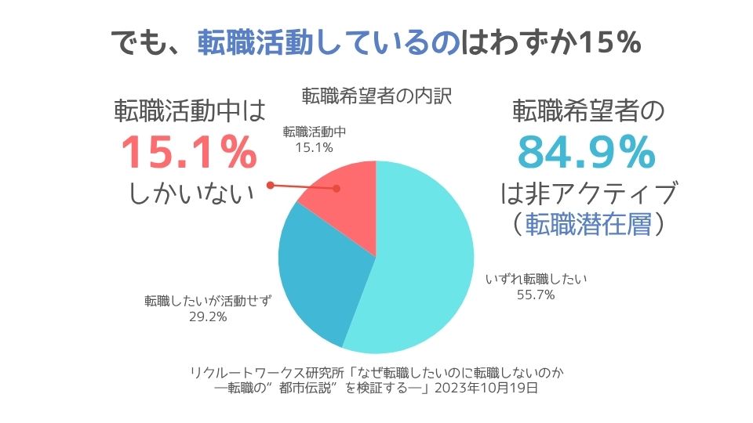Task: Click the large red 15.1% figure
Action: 188,154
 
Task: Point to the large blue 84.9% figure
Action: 588,154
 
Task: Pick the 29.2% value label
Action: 208,316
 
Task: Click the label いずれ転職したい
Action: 537,279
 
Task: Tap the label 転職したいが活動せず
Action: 208,301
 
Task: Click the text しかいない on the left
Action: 191,194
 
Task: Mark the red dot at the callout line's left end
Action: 270,186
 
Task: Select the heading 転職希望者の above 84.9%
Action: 588,111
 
